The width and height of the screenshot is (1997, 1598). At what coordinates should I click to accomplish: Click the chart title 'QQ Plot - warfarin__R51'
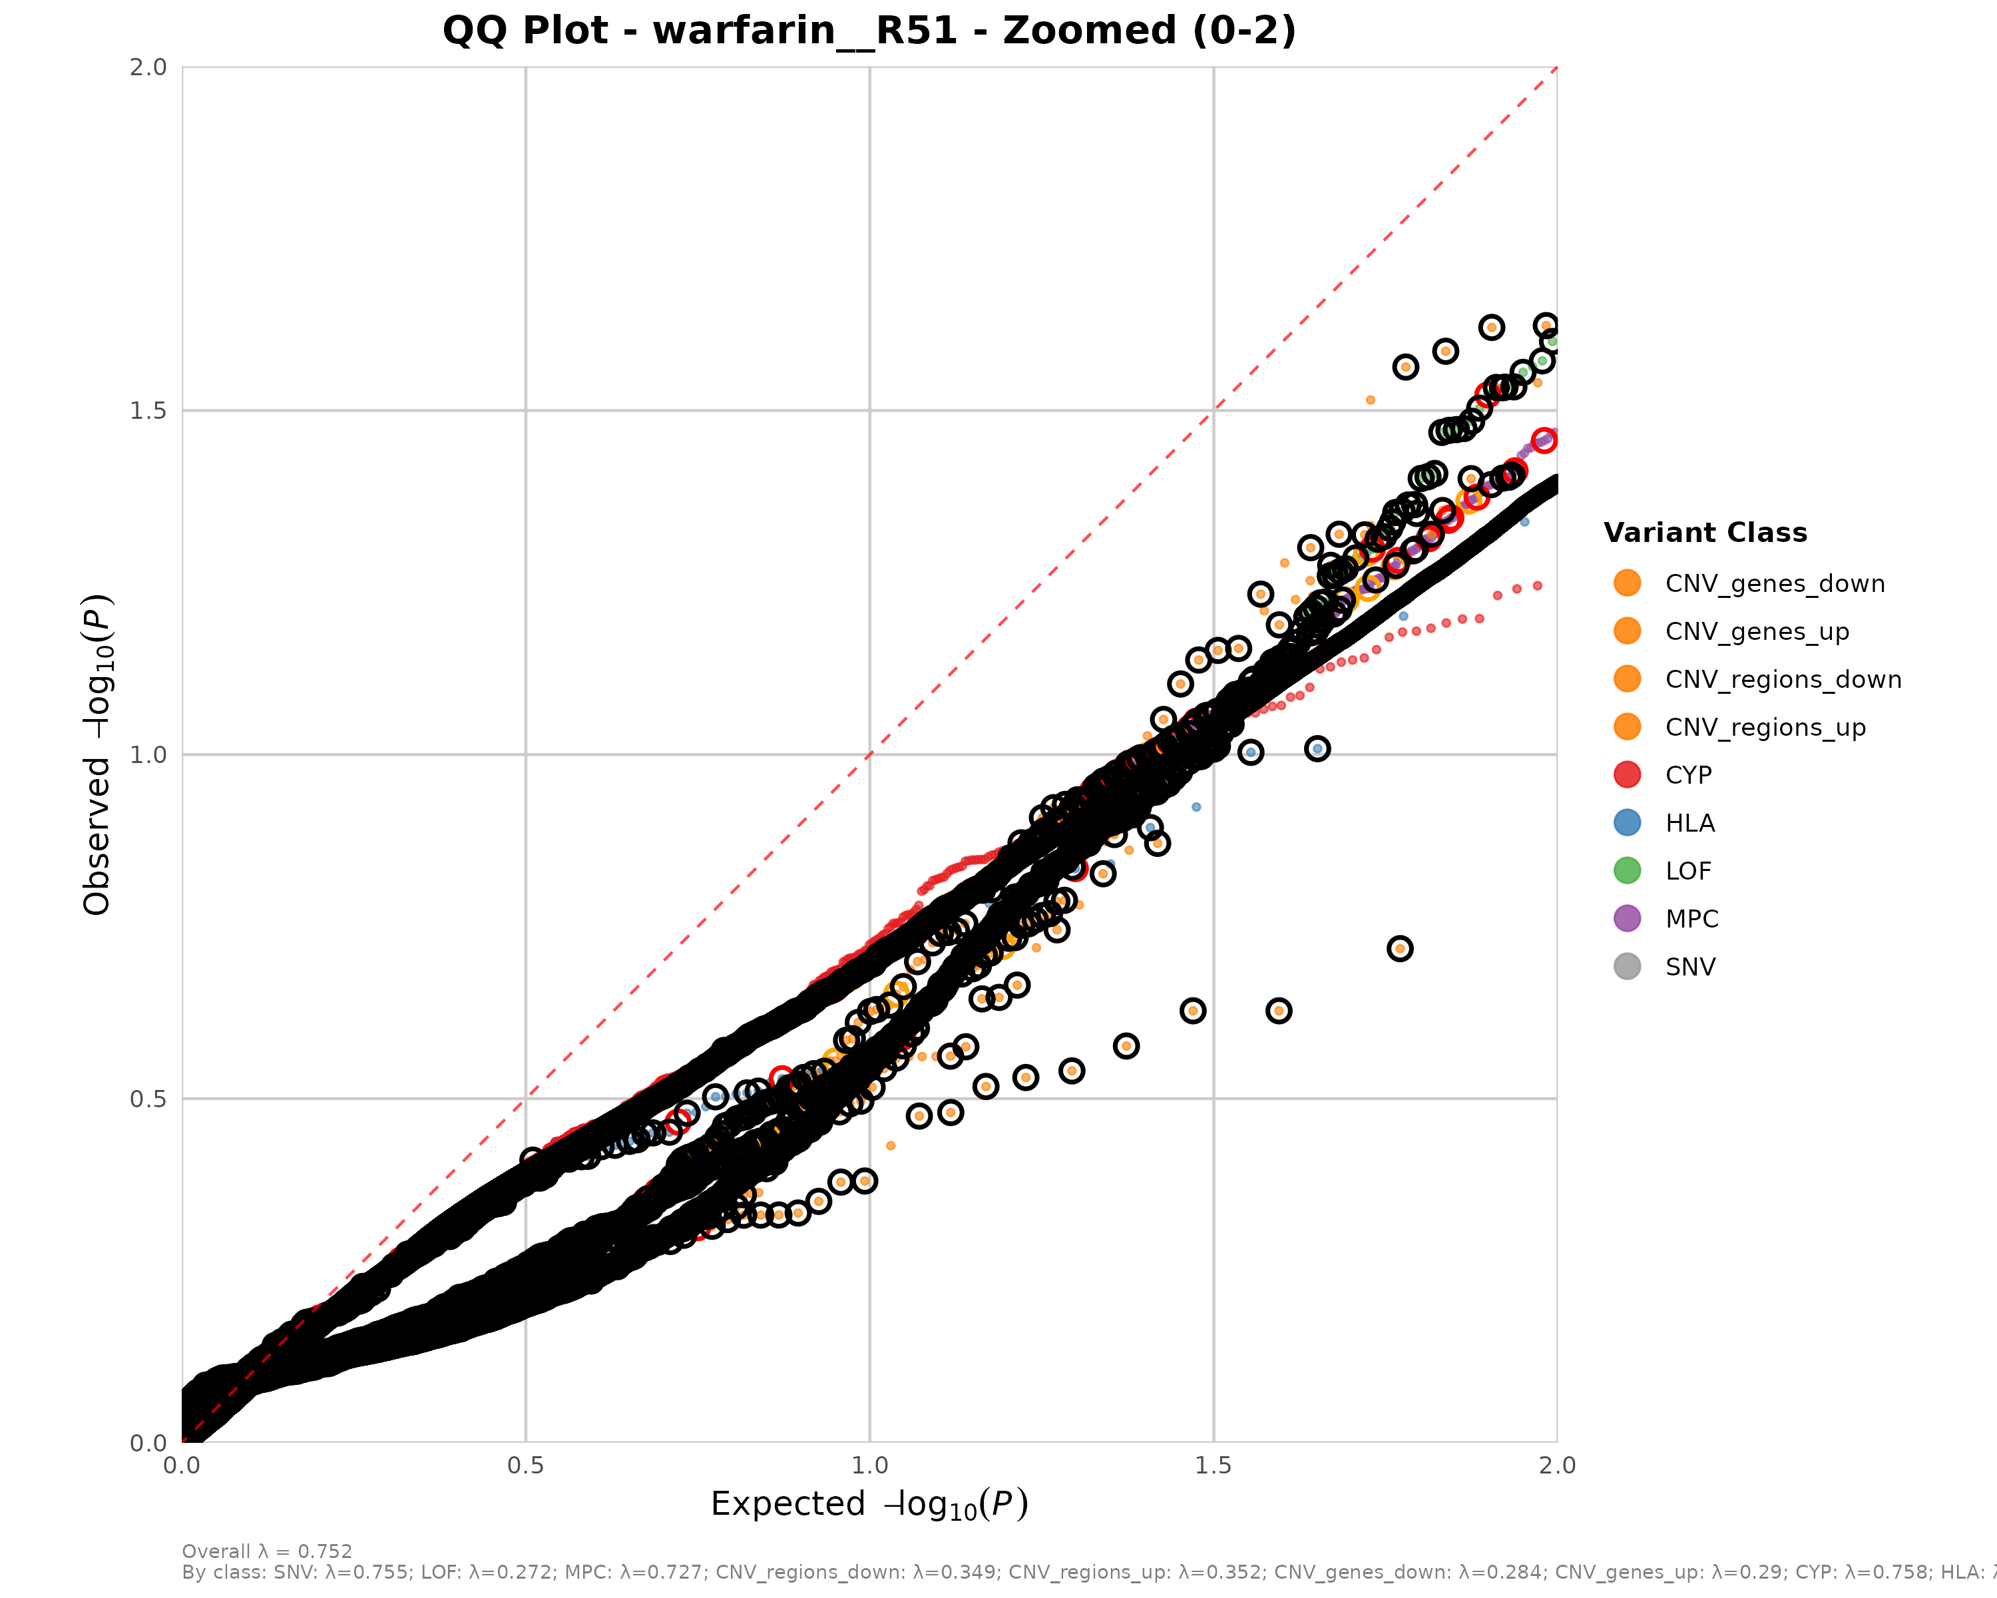click(x=868, y=31)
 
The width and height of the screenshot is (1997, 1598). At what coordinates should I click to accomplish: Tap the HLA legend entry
click(x=1689, y=822)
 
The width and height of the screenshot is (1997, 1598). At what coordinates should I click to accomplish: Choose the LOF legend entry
click(x=1687, y=871)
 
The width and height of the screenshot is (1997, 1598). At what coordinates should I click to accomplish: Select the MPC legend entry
click(x=1691, y=919)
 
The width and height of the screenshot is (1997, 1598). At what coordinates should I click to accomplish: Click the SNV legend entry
click(x=1689, y=967)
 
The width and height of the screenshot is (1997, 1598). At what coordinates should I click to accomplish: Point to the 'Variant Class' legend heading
click(x=1704, y=533)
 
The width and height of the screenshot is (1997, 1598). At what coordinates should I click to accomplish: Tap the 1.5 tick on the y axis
click(x=148, y=410)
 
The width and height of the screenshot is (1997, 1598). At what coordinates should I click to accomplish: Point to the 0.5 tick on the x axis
click(x=525, y=1465)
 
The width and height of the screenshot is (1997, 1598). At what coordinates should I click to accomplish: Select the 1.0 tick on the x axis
click(x=869, y=1465)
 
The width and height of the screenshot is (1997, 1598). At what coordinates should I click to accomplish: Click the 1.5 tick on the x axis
click(x=1214, y=1465)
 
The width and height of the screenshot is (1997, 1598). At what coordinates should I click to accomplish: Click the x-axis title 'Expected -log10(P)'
click(x=869, y=1504)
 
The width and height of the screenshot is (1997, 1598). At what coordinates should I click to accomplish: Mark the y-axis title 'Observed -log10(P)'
click(x=98, y=754)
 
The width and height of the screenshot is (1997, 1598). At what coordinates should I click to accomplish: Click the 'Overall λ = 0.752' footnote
click(x=267, y=1551)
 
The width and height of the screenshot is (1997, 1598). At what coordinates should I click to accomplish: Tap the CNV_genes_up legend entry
click(x=1756, y=632)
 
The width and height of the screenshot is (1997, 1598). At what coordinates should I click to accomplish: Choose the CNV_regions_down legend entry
click(x=1782, y=679)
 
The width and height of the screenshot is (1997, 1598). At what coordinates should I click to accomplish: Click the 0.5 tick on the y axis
click(x=148, y=1099)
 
